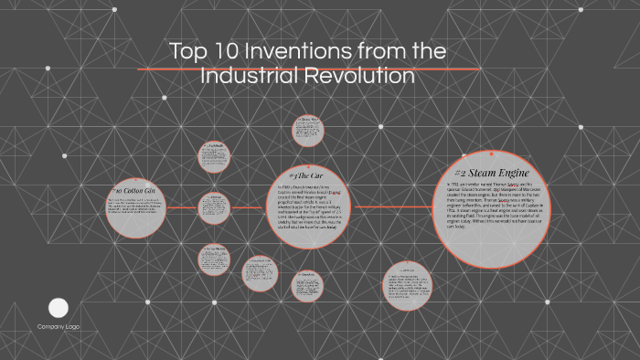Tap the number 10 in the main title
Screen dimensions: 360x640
(x=224, y=52)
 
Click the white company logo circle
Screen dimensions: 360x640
(x=59, y=308)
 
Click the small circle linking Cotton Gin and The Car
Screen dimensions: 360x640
(x=214, y=208)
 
